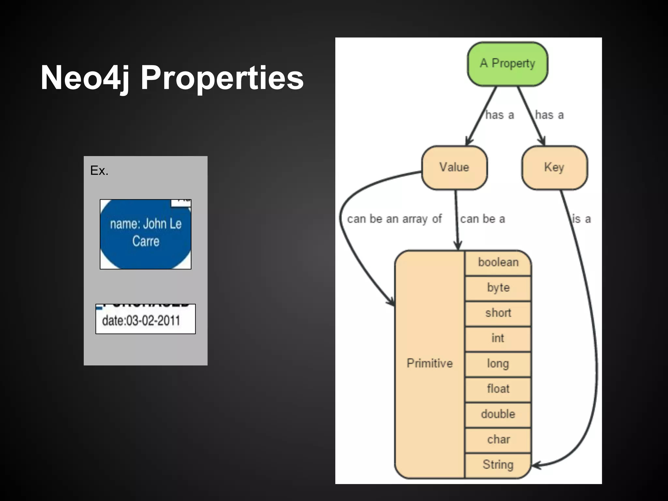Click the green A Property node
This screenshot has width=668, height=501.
[507, 64]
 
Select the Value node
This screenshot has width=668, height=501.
[454, 167]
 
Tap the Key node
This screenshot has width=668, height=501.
[554, 167]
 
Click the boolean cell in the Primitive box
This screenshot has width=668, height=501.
[498, 263]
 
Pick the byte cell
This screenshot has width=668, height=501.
[498, 288]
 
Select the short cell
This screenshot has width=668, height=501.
[498, 313]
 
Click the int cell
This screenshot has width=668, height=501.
[498, 339]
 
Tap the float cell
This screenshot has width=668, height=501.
[498, 389]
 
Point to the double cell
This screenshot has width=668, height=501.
[498, 414]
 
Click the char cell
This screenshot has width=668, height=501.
[498, 440]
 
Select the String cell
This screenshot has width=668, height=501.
[498, 465]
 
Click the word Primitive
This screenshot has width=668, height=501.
[430, 363]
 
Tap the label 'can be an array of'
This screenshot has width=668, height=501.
[394, 219]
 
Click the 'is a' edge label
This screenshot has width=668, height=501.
[582, 219]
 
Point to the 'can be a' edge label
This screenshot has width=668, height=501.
[482, 219]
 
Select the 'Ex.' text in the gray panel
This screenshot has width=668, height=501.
[99, 171]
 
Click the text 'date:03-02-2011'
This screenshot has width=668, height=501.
[141, 321]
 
